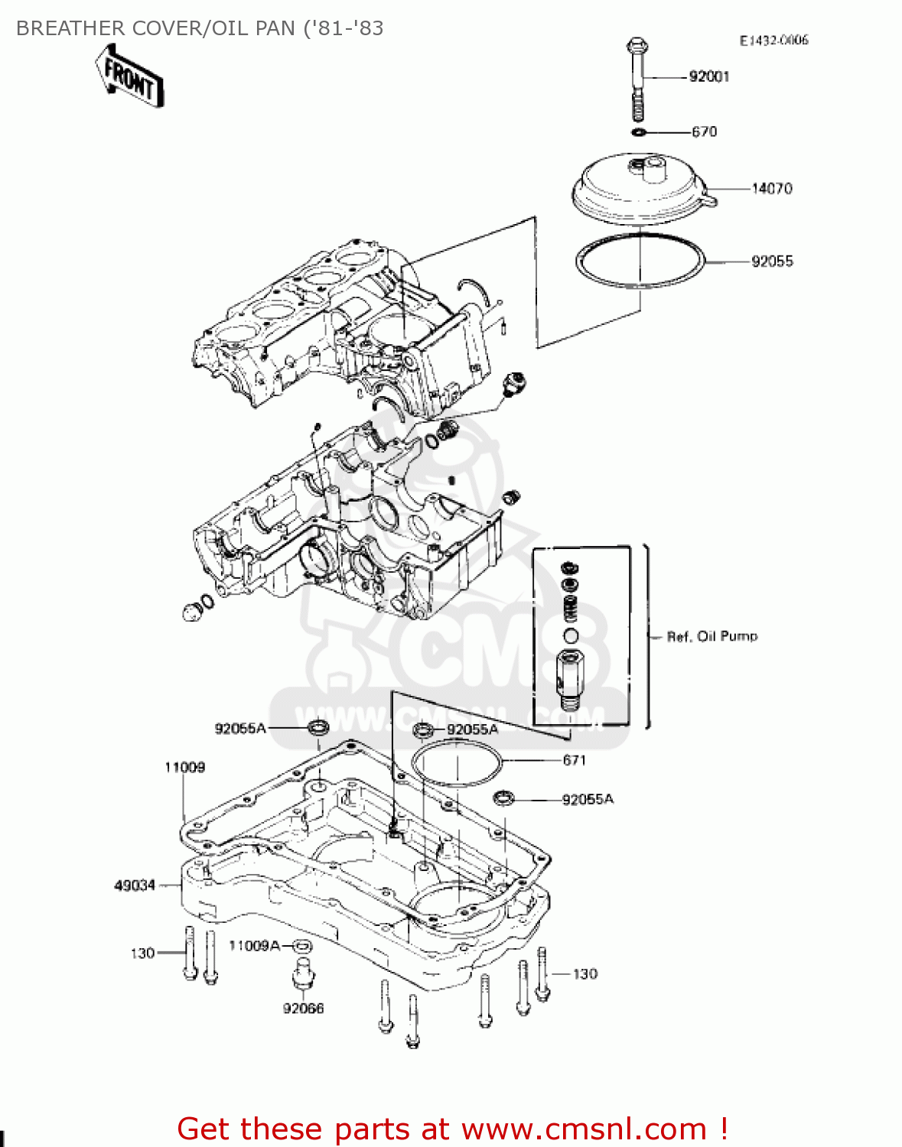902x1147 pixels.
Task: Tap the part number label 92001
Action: point(708,76)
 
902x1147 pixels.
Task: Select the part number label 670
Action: point(704,132)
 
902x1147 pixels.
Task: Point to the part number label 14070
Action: point(771,188)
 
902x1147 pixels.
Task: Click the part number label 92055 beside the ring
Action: point(771,262)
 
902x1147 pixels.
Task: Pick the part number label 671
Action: point(574,760)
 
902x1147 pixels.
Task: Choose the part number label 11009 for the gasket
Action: point(184,767)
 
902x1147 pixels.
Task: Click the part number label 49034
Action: point(135,885)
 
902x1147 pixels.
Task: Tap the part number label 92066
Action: point(303,1009)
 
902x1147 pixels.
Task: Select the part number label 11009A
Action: point(255,946)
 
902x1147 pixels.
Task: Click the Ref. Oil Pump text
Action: point(712,636)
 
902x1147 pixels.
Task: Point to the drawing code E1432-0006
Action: point(773,41)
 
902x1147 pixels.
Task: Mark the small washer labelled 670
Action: point(638,132)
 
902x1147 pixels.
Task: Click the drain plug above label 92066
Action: point(304,976)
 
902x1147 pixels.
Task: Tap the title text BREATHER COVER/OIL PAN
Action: point(200,28)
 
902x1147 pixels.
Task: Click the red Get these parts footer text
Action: point(451,1129)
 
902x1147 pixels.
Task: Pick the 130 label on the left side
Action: point(142,954)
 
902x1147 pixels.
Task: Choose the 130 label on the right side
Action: point(585,974)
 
